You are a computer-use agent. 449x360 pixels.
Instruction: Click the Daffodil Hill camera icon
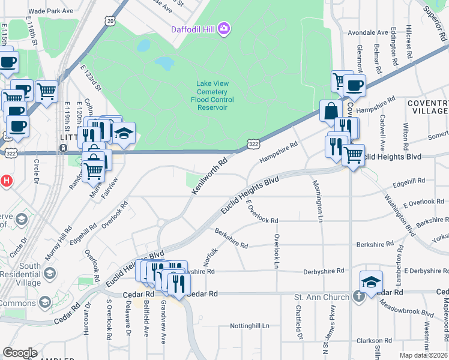click(224, 28)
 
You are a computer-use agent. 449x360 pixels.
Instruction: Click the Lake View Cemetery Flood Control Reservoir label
click(212, 96)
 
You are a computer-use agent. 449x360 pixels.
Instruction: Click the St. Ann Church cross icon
click(358, 296)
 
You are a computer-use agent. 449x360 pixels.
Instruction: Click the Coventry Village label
click(427, 107)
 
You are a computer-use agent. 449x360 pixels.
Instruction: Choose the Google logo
click(19, 352)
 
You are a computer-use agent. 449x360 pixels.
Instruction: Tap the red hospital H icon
click(6, 179)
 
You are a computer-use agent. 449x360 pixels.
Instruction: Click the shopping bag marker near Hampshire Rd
click(331, 111)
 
